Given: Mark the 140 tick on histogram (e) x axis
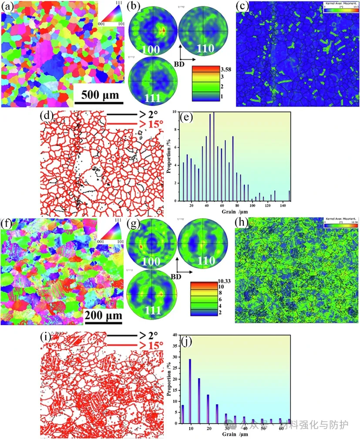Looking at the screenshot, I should [x=282, y=205].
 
